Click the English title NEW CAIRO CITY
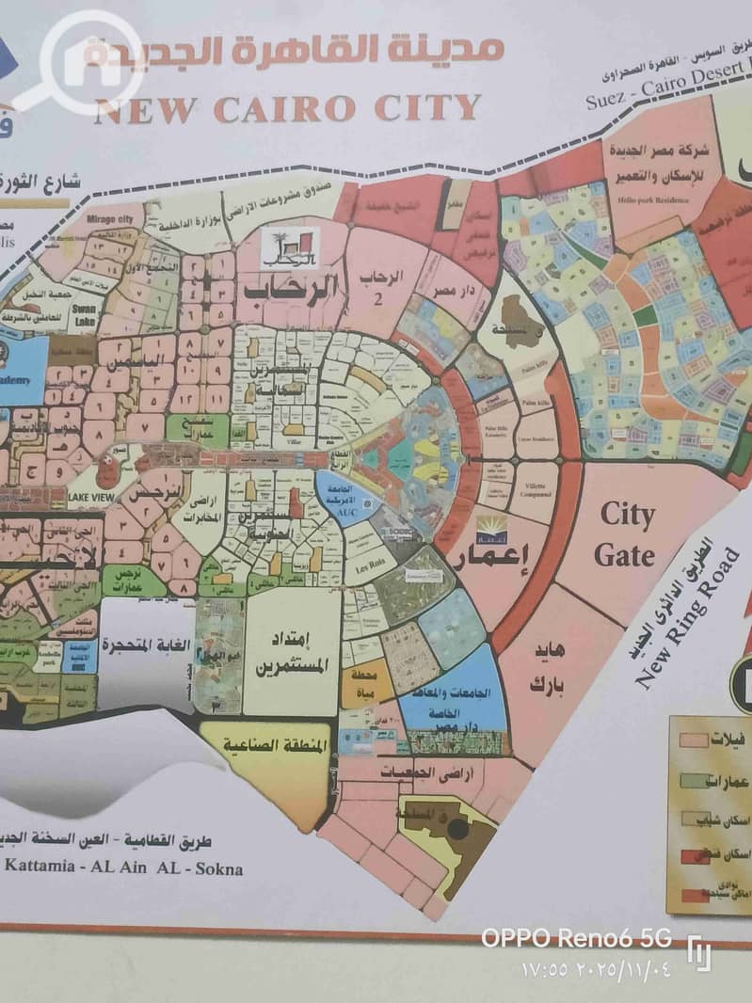pos(287,108)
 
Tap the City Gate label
pos(626,534)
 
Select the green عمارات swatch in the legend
pos(696,780)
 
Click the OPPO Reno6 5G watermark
pos(576,938)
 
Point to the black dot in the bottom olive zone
pos(457,829)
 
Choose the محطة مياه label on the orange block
pos(366,685)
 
